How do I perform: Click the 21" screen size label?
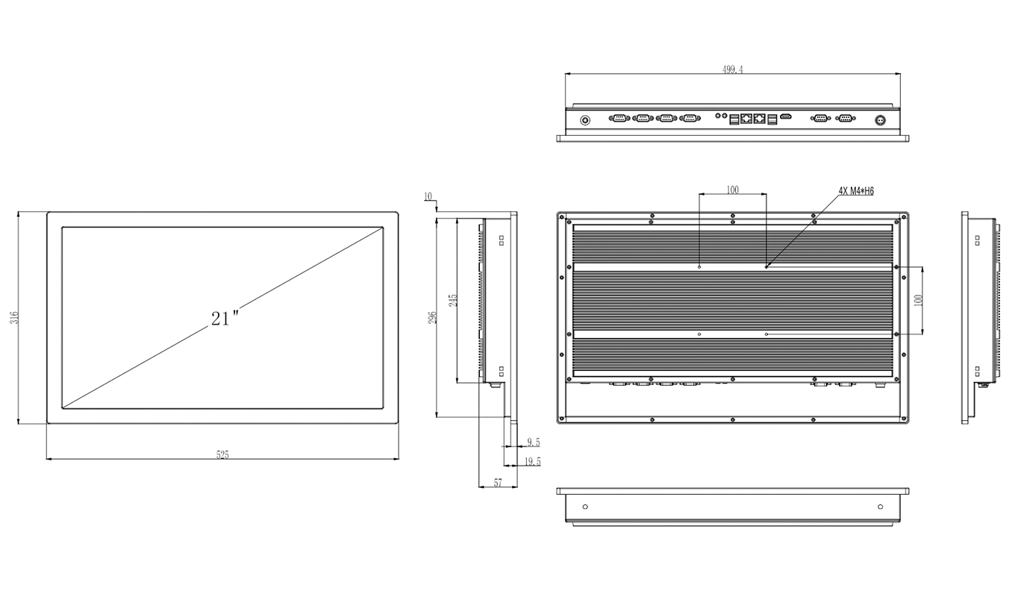[x=224, y=318]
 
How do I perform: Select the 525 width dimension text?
[x=222, y=454]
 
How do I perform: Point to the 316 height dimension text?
[x=13, y=318]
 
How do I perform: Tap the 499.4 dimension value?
[x=732, y=69]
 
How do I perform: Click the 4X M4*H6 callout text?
[x=856, y=191]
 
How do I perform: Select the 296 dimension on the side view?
[x=432, y=316]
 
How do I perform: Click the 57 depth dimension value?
[x=498, y=484]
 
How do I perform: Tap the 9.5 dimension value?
[x=533, y=443]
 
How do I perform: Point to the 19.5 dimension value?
[x=533, y=462]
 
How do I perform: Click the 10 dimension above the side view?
[x=428, y=197]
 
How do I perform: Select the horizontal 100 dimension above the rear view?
[x=732, y=190]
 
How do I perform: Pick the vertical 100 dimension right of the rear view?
[x=919, y=299]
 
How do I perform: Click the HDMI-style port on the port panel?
[x=786, y=117]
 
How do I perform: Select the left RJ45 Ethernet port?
[x=746, y=118]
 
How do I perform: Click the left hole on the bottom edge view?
[x=585, y=507]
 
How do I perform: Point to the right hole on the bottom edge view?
[x=881, y=507]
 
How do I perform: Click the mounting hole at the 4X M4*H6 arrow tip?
[x=766, y=266]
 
